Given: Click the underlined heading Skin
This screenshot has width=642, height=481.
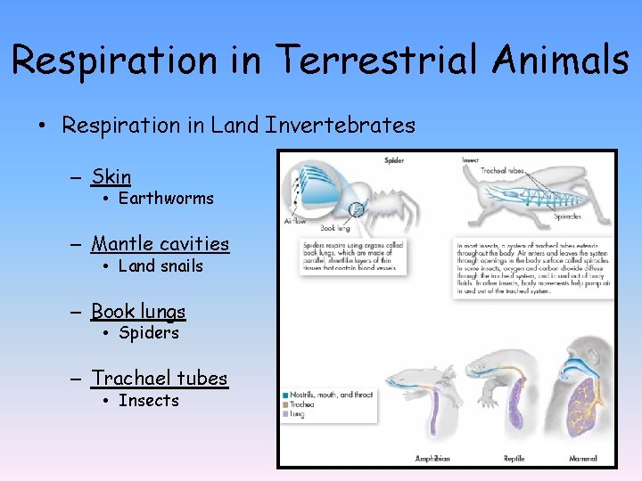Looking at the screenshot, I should [111, 177].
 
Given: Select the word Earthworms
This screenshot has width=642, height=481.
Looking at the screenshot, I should [166, 199].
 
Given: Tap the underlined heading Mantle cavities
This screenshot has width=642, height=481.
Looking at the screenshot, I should [160, 244].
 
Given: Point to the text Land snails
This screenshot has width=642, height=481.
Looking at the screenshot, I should [160, 266].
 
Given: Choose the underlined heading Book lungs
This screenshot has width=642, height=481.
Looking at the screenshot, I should [138, 312].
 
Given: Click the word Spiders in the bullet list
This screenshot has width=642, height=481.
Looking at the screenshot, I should [149, 333].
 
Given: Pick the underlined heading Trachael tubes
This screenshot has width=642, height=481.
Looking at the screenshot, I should [160, 379].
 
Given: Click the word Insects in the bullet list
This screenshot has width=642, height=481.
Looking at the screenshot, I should [149, 401].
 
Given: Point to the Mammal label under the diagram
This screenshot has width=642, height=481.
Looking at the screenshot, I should [584, 459].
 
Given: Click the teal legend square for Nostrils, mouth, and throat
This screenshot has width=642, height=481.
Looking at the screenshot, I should [284, 395].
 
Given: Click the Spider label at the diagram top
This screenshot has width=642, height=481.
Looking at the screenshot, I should [394, 160].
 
